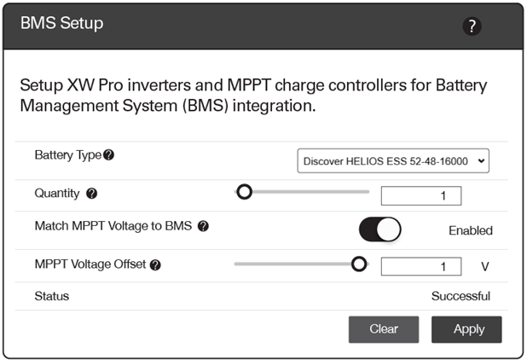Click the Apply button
[466, 329]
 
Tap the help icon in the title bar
[472, 26]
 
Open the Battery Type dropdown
[393, 161]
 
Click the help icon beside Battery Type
[108, 155]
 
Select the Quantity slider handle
[245, 192]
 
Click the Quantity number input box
[421, 195]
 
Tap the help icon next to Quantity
[92, 194]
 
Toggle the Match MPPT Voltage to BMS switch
[379, 229]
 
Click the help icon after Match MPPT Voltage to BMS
[203, 226]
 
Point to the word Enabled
[471, 230]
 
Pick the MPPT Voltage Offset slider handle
[359, 264]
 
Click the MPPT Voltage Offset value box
[421, 266]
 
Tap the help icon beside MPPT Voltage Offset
[155, 264]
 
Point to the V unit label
[484, 266]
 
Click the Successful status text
[460, 296]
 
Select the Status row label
[52, 296]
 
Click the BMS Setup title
[62, 23]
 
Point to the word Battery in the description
[461, 86]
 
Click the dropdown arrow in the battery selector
[481, 161]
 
